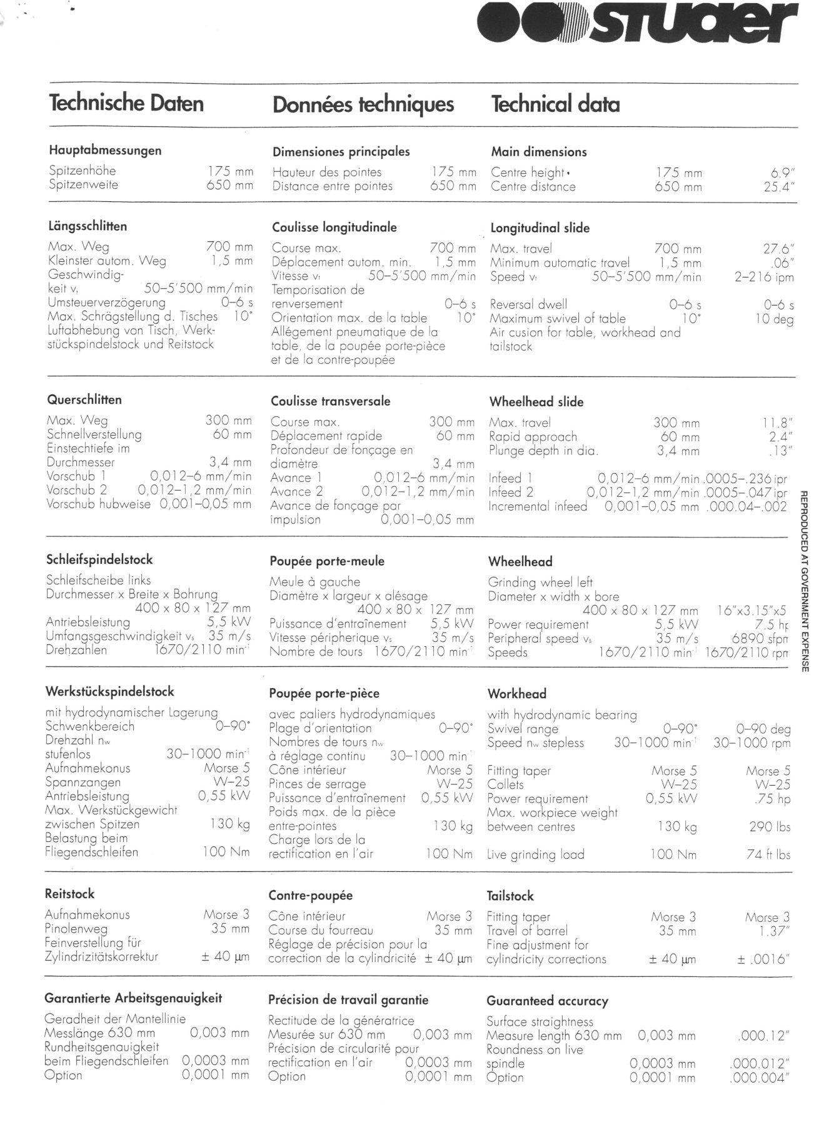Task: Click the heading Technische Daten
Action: click(126, 103)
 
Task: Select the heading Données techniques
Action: click(363, 104)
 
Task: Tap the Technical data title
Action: click(555, 104)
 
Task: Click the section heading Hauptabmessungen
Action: click(105, 151)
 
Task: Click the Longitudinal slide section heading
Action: click(540, 228)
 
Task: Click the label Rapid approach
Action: click(533, 437)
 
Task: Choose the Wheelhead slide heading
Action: click(536, 402)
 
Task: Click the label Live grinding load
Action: click(535, 855)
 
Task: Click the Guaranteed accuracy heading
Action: click(547, 1001)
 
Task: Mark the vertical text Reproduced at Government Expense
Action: click(805, 582)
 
